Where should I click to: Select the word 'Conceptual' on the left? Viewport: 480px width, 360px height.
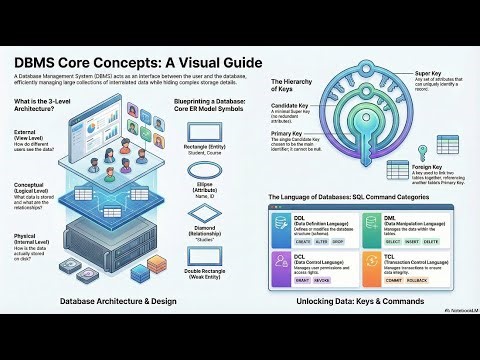32,186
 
